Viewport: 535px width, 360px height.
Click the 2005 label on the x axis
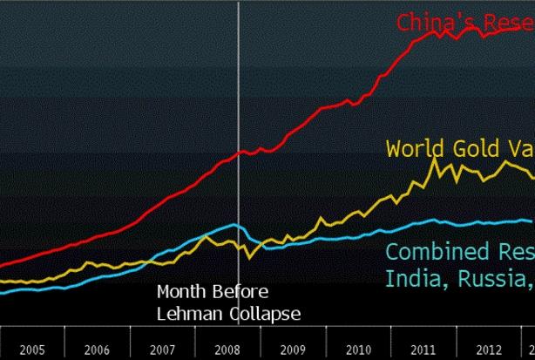point(32,350)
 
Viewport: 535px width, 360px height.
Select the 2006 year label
point(98,350)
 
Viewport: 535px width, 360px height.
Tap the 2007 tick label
point(163,350)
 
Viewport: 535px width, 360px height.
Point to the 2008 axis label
point(228,350)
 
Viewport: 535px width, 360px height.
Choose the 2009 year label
point(294,350)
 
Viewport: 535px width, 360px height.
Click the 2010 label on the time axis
point(359,350)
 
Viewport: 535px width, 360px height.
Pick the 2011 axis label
point(424,350)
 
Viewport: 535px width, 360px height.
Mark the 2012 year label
point(490,350)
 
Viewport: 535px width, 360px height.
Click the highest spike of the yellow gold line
point(434,159)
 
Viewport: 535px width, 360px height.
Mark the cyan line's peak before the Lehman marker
point(234,224)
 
